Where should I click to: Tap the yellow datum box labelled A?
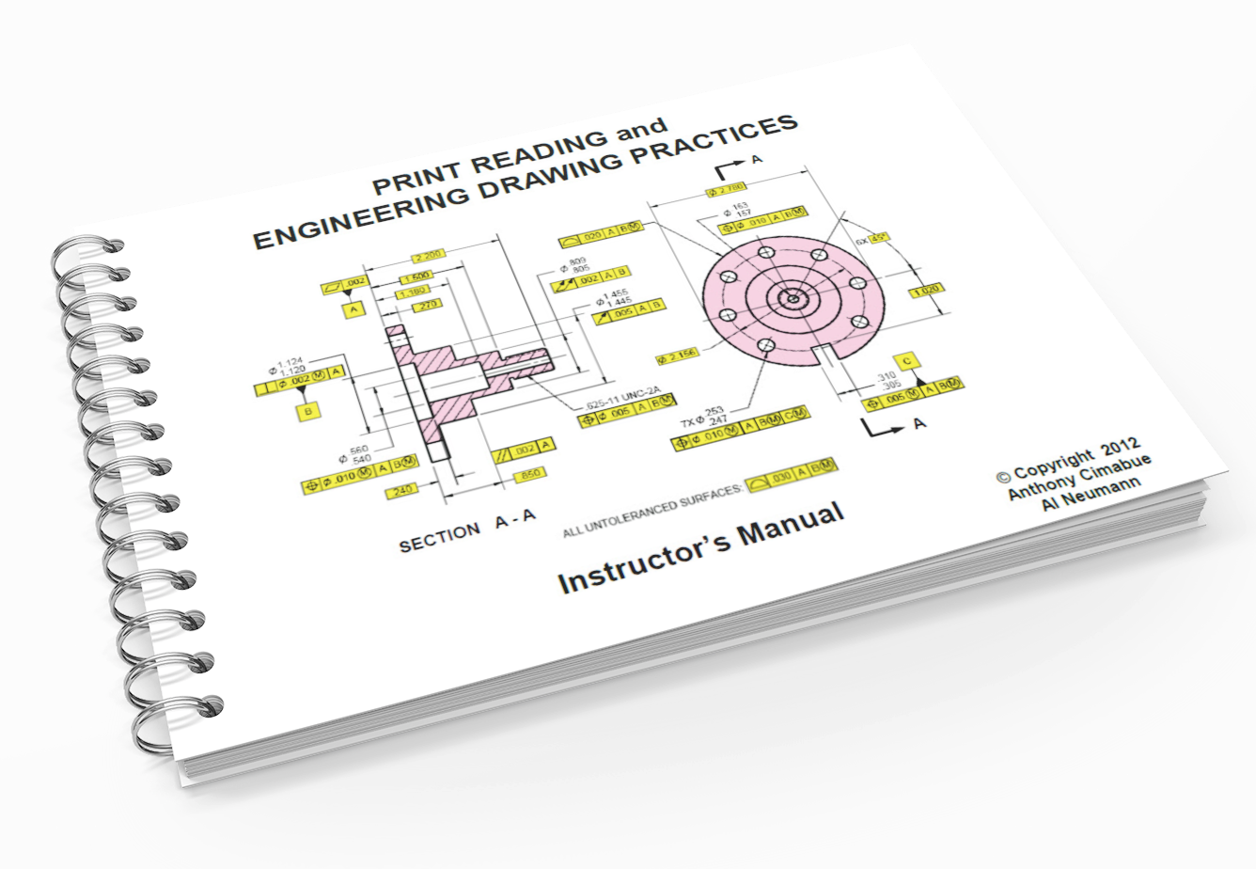[353, 308]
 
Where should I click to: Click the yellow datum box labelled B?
[306, 410]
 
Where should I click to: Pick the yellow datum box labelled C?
[906, 361]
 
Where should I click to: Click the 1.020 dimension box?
[927, 290]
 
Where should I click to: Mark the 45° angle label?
[879, 238]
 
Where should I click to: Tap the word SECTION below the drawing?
[439, 538]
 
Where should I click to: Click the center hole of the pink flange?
[793, 300]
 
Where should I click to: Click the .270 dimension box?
[430, 306]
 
